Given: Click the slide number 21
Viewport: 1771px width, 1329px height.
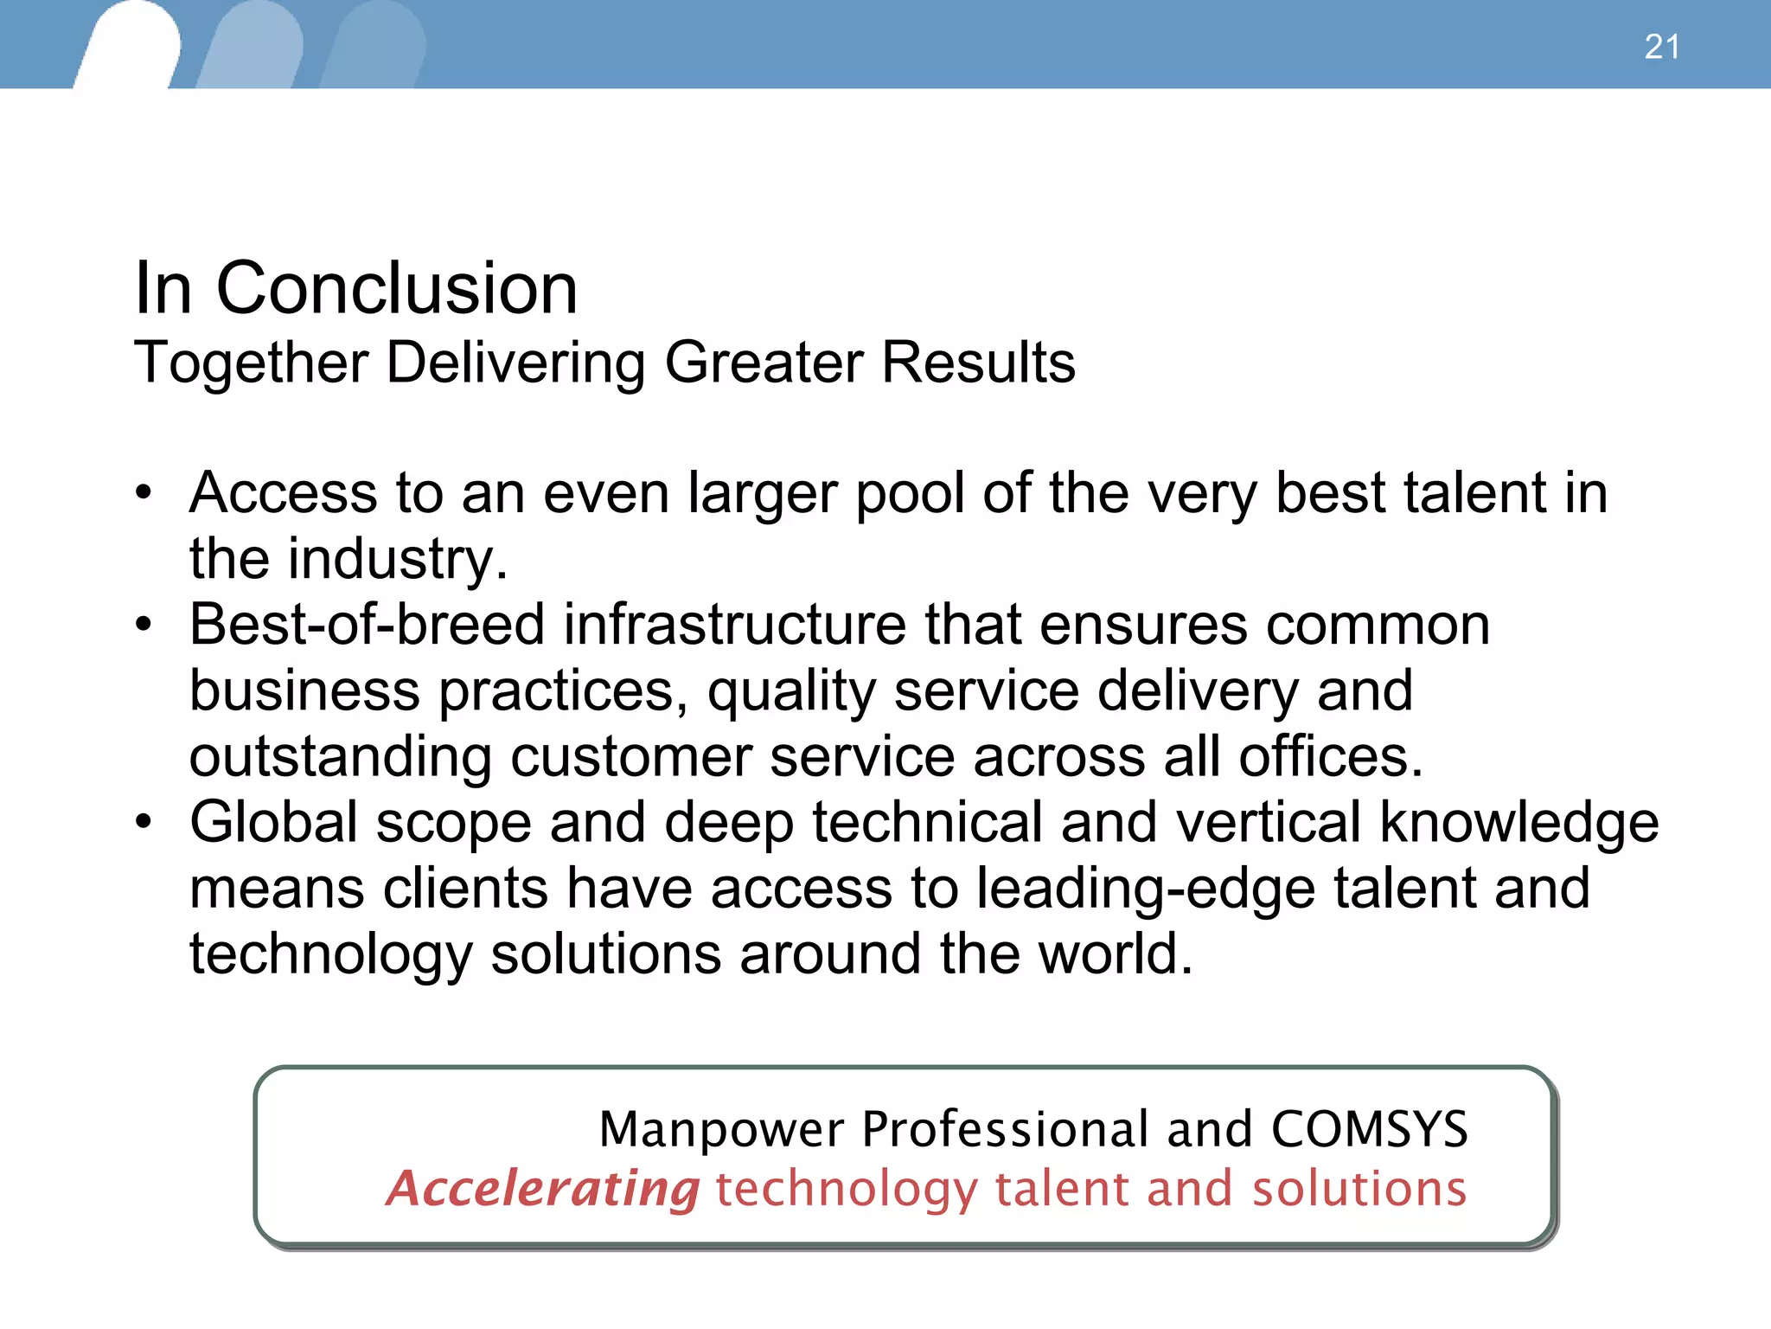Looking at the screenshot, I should point(1661,47).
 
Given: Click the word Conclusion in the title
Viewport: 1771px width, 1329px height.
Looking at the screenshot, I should point(396,288).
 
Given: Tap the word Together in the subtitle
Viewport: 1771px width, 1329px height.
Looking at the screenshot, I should point(252,363).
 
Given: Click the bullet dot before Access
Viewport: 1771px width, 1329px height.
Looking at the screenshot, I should point(144,493).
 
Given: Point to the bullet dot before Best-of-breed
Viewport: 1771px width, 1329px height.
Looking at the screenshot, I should point(144,625).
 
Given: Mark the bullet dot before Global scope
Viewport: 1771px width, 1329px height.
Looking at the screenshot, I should point(144,822).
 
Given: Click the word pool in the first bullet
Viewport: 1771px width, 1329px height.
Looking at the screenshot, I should point(909,495).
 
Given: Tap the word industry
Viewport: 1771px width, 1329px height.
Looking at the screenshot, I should point(396,560).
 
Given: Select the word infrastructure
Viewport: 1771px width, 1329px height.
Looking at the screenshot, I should point(734,625).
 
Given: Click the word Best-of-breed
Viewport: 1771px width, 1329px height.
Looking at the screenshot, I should point(367,625).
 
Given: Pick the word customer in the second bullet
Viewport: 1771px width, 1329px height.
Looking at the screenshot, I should point(630,757).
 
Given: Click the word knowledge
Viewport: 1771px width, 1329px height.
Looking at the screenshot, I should point(1518,824).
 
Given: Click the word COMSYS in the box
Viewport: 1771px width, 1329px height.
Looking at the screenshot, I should point(1369,1130).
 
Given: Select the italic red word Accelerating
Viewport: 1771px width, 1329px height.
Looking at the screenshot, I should point(543,1189).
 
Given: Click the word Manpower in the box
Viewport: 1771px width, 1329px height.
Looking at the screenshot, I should point(721,1130).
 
